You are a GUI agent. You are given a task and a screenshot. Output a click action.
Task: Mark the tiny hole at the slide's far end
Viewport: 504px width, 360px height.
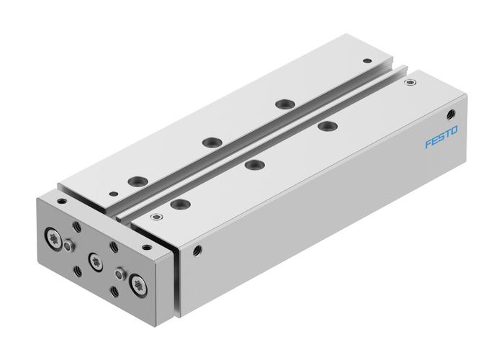tap(368, 60)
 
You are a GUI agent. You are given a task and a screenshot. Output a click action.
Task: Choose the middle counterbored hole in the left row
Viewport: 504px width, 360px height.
tap(210, 142)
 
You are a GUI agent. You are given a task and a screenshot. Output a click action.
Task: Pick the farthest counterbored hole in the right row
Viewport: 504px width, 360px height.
tap(328, 127)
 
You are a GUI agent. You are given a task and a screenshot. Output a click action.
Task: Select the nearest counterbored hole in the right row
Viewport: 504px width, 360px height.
tap(177, 204)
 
